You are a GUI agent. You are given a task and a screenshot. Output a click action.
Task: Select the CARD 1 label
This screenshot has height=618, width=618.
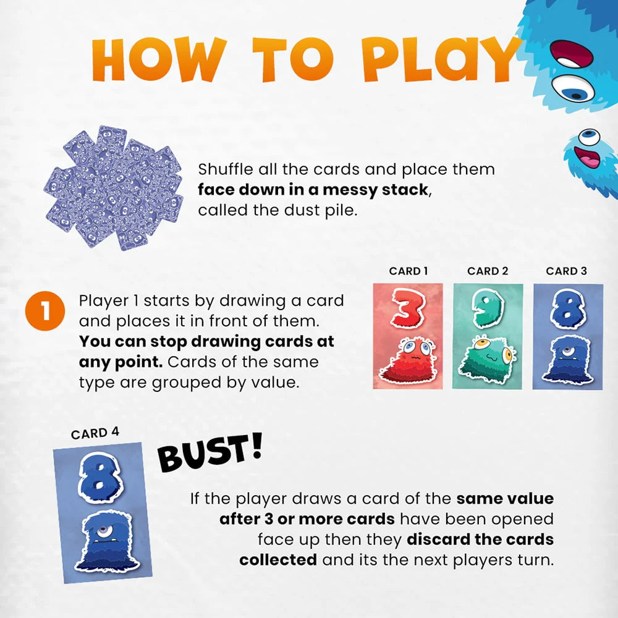[x=408, y=271]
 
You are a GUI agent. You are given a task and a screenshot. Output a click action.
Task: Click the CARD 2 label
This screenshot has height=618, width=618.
[x=488, y=271]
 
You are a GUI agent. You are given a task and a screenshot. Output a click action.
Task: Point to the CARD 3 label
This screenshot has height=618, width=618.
[x=566, y=271]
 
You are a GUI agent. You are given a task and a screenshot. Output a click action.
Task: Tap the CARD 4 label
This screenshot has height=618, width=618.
[x=95, y=433]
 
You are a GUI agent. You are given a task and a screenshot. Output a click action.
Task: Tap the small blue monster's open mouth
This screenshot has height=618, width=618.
[x=591, y=161]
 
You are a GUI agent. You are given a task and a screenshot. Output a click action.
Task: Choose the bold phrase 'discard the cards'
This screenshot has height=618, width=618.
[x=480, y=540]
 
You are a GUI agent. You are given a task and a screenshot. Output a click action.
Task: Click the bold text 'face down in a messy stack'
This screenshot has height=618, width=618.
[x=313, y=190]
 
